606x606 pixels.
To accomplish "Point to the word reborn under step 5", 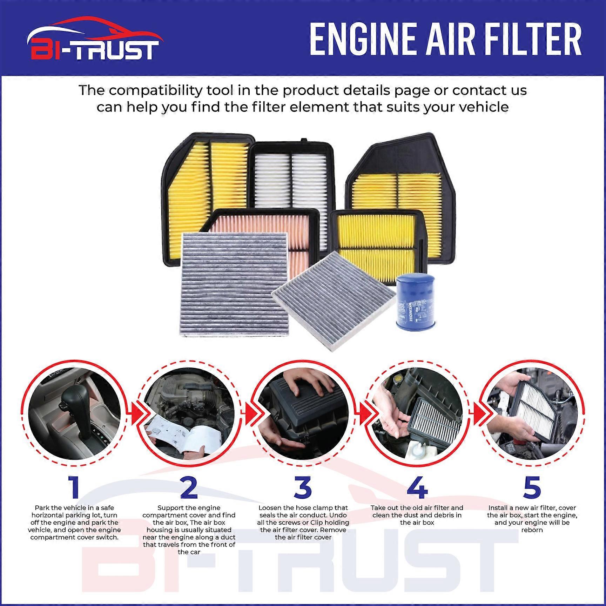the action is (x=532, y=530).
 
